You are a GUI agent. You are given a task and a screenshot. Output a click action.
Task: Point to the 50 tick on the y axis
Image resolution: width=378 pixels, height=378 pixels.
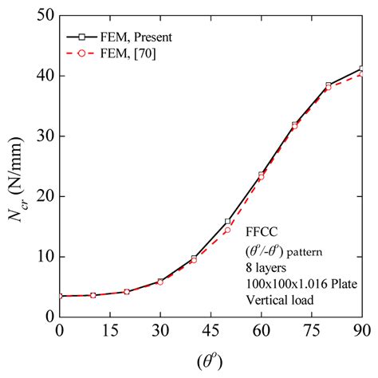(x=41, y=15)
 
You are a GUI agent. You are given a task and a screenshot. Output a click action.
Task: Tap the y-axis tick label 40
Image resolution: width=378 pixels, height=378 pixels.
(x=41, y=76)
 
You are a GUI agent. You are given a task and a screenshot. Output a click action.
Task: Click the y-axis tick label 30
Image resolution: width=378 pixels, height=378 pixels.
(x=41, y=136)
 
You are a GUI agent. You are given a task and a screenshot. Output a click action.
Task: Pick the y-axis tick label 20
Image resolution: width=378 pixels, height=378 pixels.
(x=41, y=196)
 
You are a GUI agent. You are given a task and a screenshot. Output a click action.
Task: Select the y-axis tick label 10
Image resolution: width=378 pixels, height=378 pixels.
(x=41, y=257)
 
